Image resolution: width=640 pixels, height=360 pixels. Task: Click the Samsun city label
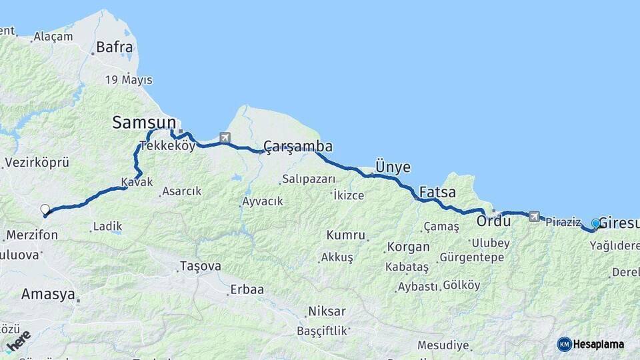coord(144,123)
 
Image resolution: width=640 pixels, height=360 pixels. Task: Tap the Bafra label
coord(115,47)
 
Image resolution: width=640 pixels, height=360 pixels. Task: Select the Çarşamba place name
coord(298,147)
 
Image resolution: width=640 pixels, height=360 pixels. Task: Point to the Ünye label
coord(393,167)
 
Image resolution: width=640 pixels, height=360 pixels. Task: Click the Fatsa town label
coord(437,193)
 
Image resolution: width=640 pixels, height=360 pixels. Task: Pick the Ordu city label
coord(493,220)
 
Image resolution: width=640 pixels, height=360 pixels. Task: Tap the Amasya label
coord(48,294)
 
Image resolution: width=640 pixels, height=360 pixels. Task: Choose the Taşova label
coord(200,266)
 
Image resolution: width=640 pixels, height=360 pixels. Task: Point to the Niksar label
coord(327,311)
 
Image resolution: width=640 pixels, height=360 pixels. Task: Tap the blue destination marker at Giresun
coord(595,223)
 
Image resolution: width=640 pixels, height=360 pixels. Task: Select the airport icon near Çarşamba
coord(224,138)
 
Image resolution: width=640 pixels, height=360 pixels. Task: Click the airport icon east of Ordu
coord(533,216)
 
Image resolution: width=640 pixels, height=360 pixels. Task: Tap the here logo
coord(18,341)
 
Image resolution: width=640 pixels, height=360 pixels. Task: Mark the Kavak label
coord(137,182)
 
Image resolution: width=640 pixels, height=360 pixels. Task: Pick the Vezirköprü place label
coord(37,163)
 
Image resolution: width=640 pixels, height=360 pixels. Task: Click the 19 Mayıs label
coord(129,80)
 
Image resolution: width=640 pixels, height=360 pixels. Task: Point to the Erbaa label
coord(247,289)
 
